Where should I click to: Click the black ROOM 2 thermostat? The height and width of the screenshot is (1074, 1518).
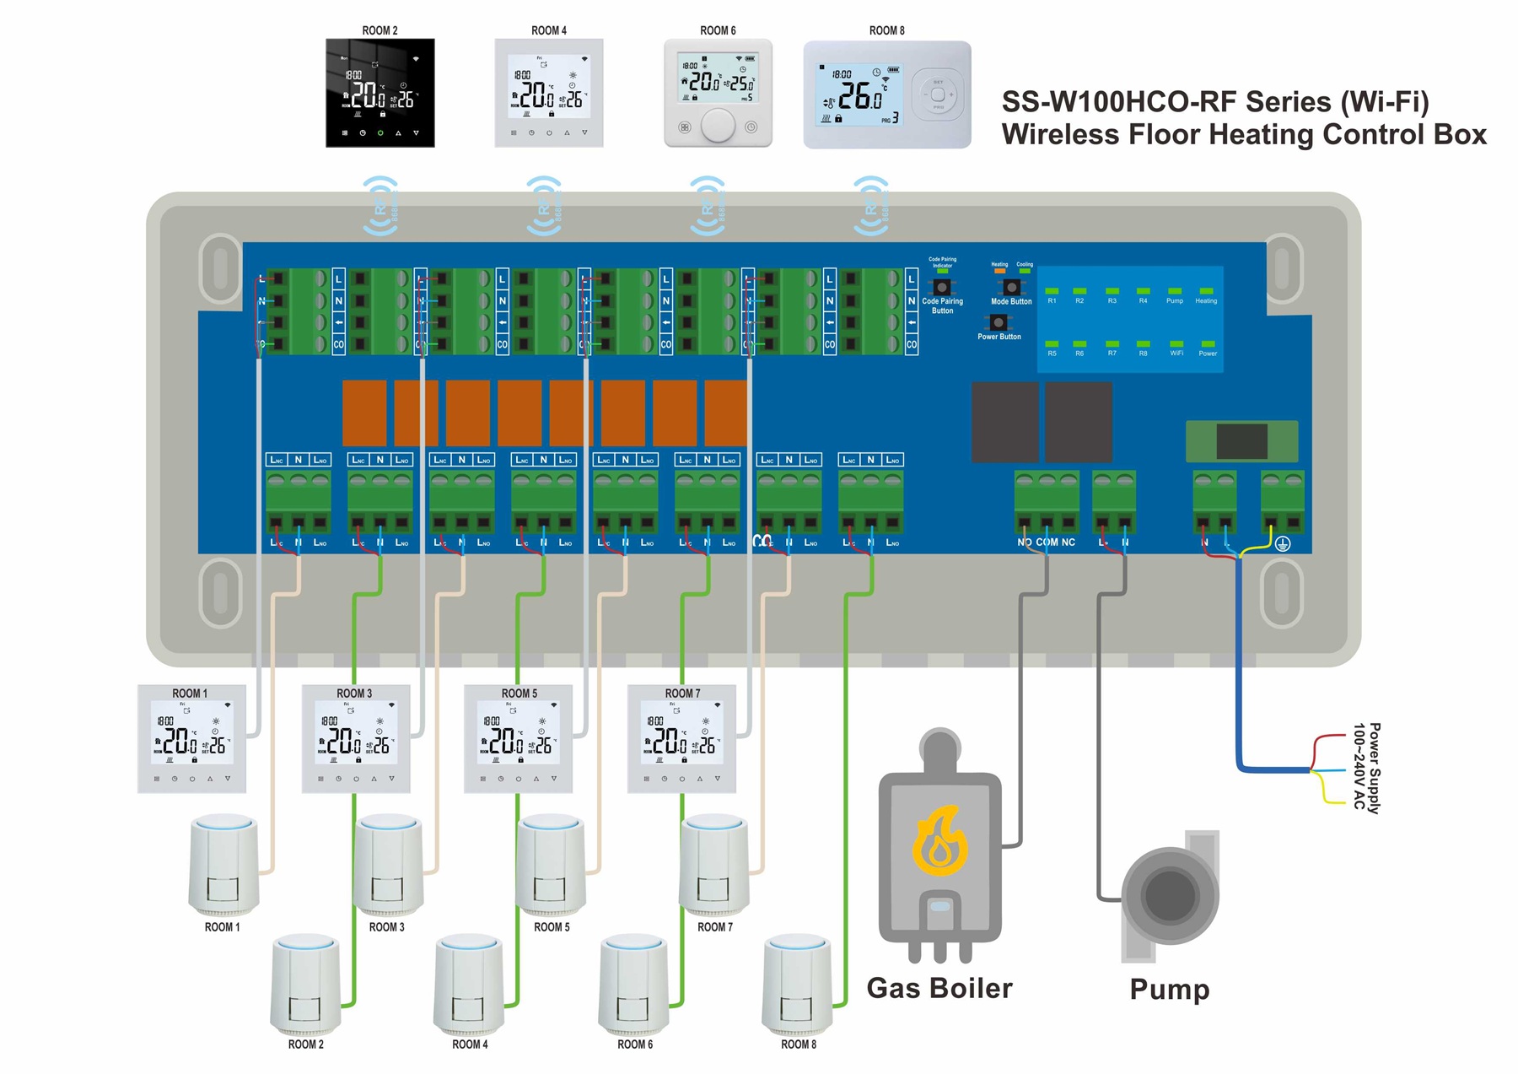tap(380, 93)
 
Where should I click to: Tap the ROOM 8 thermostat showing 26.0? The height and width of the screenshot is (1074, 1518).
tap(886, 95)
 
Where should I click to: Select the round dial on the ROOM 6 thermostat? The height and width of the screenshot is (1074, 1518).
tap(718, 126)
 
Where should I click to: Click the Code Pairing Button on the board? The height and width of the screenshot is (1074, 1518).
tap(942, 288)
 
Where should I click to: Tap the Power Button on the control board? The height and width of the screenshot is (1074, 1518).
tap(999, 322)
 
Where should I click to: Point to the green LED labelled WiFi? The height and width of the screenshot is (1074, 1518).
tap(1176, 344)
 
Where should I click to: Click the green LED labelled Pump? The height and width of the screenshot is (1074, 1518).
tap(1175, 291)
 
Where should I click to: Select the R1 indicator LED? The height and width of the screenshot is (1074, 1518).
tap(1052, 291)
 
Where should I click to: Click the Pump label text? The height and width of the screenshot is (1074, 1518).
tap(1169, 989)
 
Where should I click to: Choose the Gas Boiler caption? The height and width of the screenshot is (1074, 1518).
tap(939, 988)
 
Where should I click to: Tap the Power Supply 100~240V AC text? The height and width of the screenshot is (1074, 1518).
tap(1366, 767)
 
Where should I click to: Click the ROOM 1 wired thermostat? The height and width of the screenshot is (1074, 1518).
tap(192, 739)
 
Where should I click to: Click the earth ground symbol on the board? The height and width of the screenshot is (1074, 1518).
tap(1283, 544)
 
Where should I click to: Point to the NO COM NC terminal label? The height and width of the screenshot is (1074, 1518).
tap(1046, 542)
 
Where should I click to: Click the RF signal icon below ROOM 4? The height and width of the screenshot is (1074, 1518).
tap(544, 205)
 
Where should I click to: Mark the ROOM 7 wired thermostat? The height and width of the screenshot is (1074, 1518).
tap(681, 739)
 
